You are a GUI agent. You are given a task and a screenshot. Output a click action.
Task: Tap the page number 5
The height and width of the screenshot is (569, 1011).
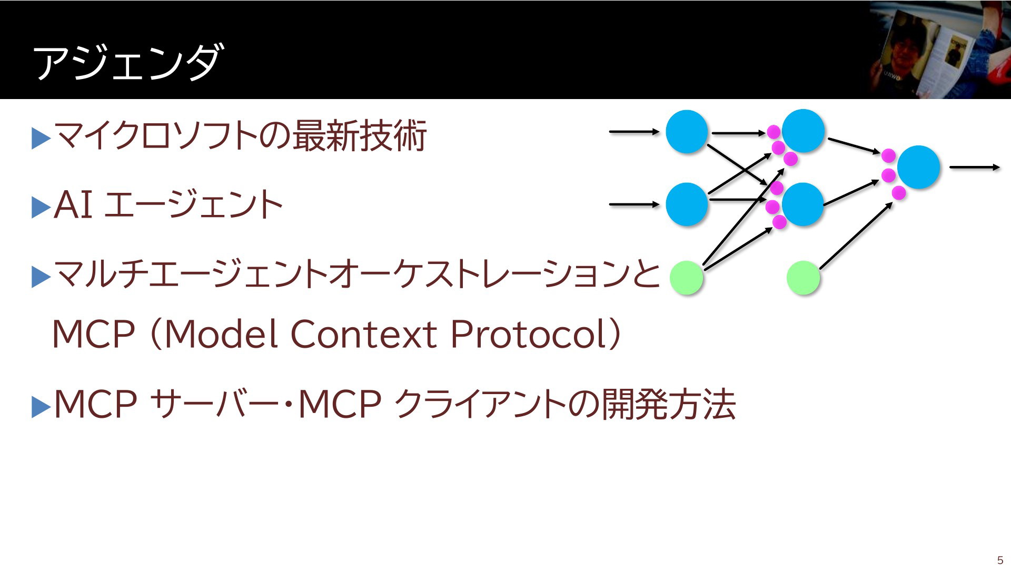1000,560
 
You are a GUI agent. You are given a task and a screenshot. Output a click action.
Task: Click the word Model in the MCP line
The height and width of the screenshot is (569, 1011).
222,334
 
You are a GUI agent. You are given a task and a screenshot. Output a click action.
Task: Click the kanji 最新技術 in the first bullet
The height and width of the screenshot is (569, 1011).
359,136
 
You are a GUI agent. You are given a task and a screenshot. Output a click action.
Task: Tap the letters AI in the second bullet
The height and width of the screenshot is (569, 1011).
74,204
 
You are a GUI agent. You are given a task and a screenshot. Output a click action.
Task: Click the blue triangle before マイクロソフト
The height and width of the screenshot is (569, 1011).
41,139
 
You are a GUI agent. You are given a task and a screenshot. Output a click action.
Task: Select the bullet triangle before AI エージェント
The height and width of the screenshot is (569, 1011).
41,208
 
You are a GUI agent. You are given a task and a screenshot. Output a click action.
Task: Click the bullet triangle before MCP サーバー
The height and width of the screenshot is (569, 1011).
41,407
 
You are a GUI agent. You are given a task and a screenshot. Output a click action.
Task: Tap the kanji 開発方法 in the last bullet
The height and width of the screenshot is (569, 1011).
668,404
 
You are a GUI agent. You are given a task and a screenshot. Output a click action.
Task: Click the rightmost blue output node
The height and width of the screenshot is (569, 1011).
918,167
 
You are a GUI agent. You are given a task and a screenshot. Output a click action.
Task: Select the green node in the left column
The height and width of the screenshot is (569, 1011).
687,277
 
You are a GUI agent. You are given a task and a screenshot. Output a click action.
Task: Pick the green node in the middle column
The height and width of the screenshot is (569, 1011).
803,277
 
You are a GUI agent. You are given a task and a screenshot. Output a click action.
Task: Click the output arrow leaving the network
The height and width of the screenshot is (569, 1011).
975,168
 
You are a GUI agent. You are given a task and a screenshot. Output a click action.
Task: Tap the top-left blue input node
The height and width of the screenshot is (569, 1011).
687,132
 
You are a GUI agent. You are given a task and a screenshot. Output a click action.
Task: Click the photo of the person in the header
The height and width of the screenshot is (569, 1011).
940,50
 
